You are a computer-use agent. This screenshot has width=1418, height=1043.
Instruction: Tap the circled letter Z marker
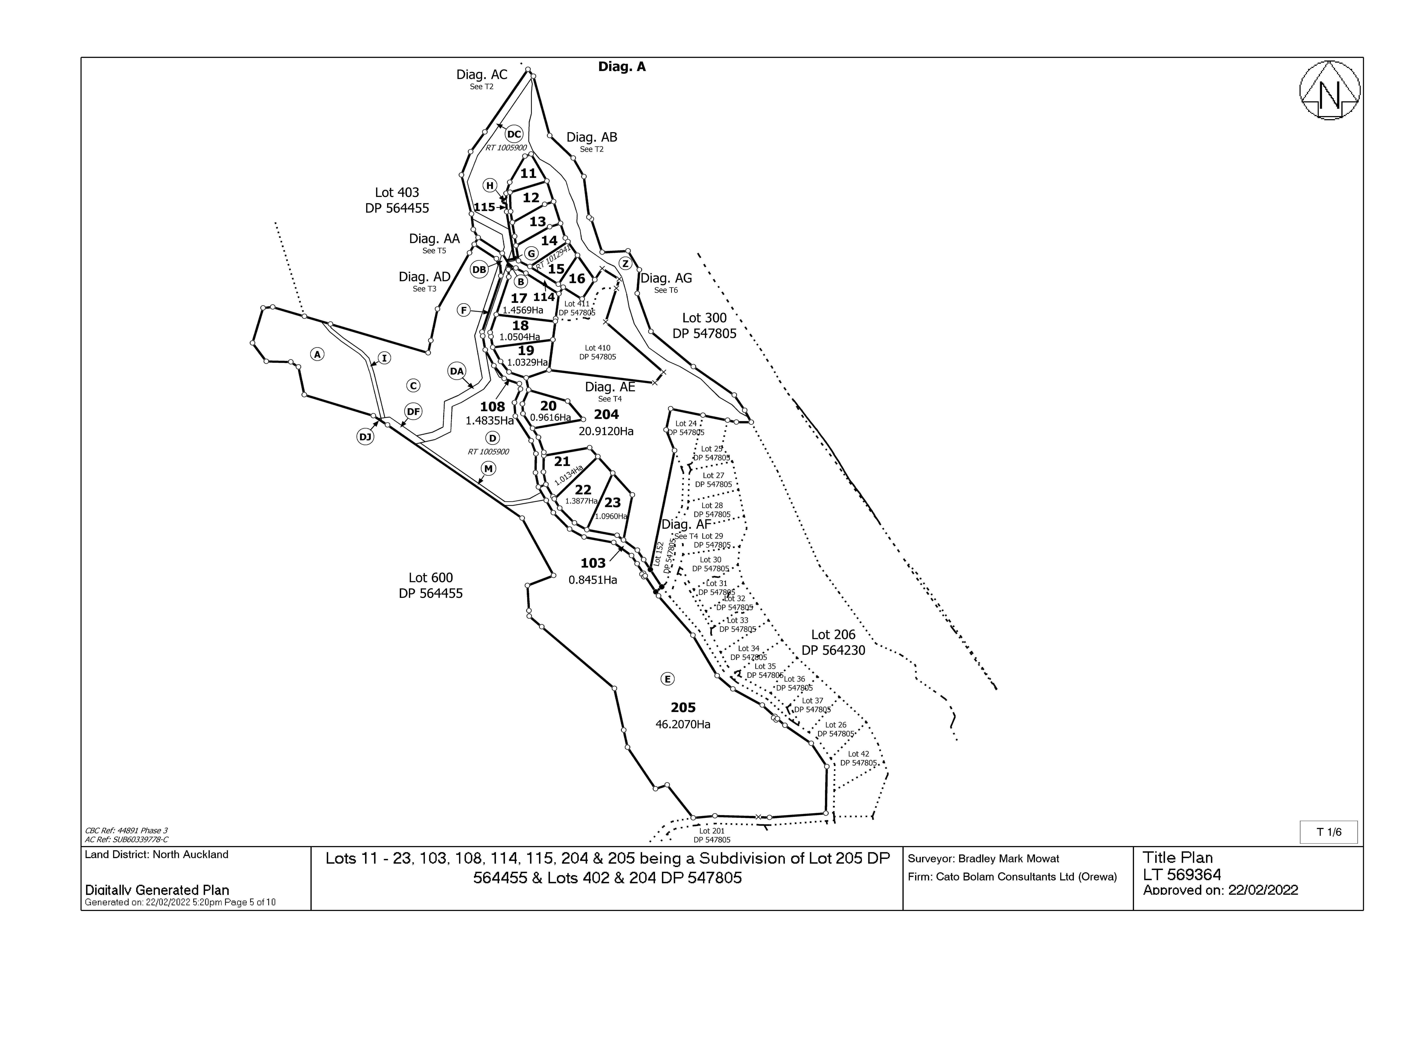coord(625,263)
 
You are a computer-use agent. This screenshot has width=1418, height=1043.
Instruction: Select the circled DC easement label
coord(514,134)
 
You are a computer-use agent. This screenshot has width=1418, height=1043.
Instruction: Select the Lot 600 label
coord(431,578)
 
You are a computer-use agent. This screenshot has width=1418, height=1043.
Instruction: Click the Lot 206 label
coord(833,635)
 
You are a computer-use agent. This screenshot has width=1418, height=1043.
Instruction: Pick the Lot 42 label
coord(858,754)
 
